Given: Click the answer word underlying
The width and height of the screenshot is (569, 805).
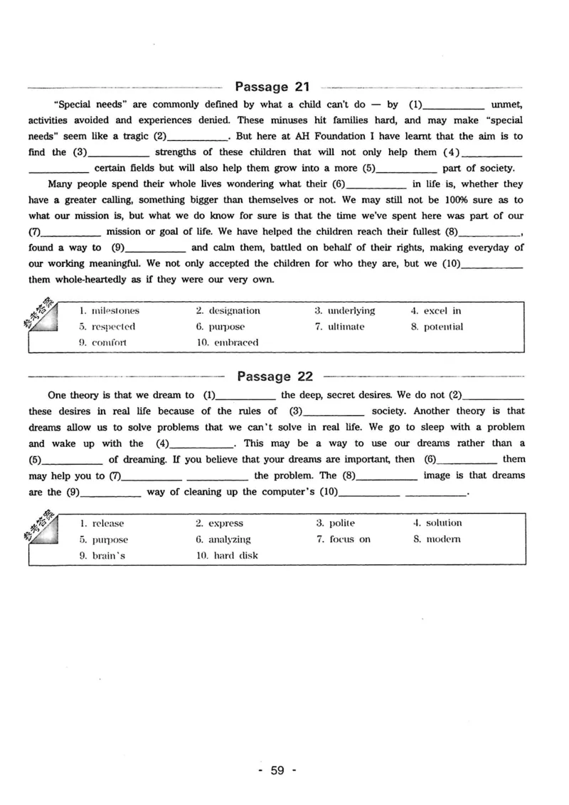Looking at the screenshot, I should [x=351, y=310].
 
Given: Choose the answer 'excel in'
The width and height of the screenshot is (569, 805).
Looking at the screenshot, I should [x=442, y=310].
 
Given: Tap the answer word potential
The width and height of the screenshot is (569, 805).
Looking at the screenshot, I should [x=443, y=327].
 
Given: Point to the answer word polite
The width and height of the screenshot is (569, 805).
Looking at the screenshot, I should [x=342, y=523].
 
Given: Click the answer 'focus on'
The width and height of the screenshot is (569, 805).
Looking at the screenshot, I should [x=350, y=540].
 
